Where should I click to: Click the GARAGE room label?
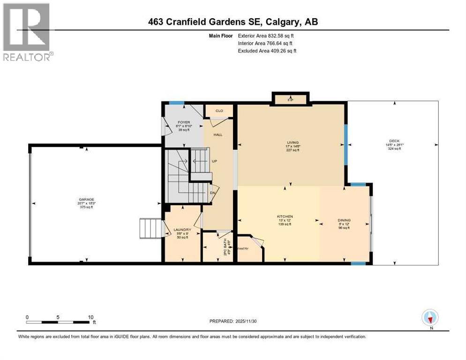[x=86, y=199]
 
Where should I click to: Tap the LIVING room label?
[x=293, y=142]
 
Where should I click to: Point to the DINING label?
[x=344, y=220]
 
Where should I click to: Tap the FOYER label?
[x=177, y=122]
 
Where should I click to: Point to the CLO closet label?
[x=219, y=111]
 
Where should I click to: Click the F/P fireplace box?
[x=290, y=99]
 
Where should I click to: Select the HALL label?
[x=218, y=135]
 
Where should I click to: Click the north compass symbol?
[x=430, y=317]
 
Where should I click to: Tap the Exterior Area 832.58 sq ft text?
[x=267, y=36]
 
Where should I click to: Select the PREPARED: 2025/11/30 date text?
[x=233, y=321]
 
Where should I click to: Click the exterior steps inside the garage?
[x=150, y=228]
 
